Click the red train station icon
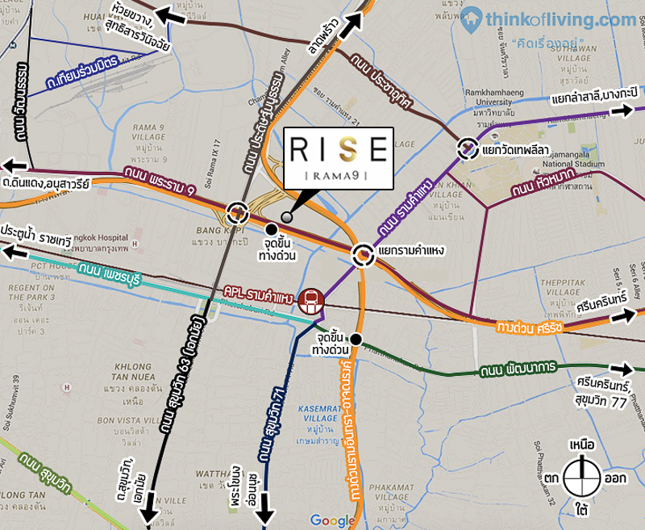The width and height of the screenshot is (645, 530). coord(311,301)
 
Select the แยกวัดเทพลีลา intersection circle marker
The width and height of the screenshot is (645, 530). coord(468,148)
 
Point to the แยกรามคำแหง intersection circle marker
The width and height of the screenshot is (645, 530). coord(364,257)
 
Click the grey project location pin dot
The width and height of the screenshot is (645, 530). coord(287,216)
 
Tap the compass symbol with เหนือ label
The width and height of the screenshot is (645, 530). coord(582,477)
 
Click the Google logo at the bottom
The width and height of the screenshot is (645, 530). coord(332,520)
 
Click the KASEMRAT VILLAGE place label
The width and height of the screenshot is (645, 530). coord(322,416)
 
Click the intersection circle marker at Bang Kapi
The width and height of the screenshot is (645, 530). coord(238,213)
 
